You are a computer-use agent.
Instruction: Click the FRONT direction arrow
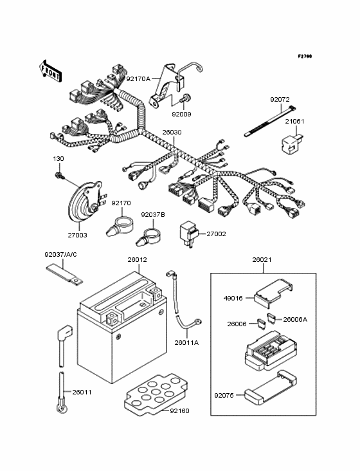[50, 71]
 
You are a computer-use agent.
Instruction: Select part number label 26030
[172, 133]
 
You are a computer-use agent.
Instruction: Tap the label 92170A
[138, 78]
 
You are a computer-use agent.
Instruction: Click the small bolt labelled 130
[59, 176]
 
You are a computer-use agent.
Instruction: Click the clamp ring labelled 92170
[120, 227]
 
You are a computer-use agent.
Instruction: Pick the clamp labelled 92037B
[148, 237]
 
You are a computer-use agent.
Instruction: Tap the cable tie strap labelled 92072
[270, 122]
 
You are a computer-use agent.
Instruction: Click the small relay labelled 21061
[292, 143]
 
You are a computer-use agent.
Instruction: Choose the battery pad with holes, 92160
[156, 394]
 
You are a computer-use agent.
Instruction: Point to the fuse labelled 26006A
[271, 319]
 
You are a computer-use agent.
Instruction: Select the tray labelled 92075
[271, 388]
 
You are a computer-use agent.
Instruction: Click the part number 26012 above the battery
[138, 260]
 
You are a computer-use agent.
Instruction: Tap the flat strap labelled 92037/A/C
[64, 275]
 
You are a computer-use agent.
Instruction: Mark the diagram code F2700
[305, 56]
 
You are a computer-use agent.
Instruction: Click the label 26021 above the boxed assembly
[262, 260]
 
